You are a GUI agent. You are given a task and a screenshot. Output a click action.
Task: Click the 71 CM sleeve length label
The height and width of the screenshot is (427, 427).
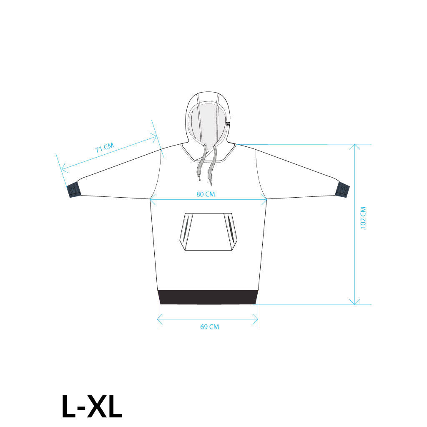click(105, 148)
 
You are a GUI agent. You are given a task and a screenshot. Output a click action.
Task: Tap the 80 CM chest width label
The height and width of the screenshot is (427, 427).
click(206, 194)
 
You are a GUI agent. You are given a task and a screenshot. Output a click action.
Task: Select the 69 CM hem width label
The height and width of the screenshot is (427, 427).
click(209, 327)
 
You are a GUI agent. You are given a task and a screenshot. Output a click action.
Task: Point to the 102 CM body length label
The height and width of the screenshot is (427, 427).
click(363, 219)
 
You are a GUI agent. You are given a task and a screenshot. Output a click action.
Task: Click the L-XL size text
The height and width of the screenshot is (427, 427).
click(92, 406)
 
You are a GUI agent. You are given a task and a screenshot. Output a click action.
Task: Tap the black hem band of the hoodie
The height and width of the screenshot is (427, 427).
click(208, 297)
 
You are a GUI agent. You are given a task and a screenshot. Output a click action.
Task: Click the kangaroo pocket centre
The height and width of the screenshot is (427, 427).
click(208, 232)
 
